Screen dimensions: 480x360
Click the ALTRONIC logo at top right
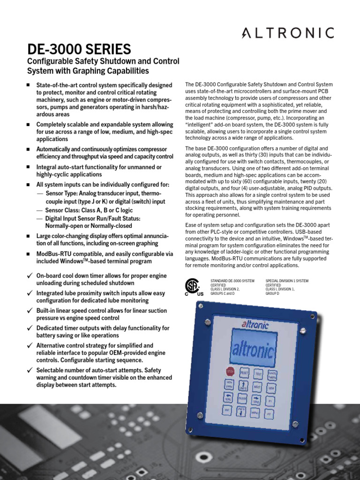(x=288, y=32)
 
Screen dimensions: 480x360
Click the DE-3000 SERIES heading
(x=79, y=49)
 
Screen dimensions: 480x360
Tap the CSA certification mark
(x=192, y=286)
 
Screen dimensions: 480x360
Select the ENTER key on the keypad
(x=242, y=399)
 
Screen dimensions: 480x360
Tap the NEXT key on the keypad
(x=257, y=387)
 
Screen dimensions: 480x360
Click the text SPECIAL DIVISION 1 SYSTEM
(x=287, y=280)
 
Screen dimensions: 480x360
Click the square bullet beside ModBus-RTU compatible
(x=29, y=254)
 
